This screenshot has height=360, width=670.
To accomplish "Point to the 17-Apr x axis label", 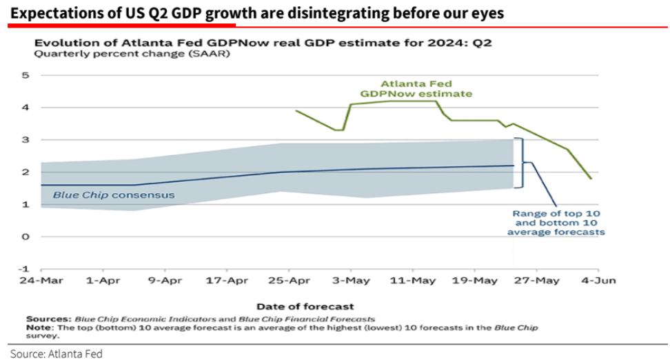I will [227, 281].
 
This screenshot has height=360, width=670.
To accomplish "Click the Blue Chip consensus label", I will [114, 195].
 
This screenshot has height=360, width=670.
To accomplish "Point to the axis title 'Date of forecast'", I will [305, 306].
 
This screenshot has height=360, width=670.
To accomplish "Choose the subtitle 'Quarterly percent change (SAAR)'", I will [132, 54].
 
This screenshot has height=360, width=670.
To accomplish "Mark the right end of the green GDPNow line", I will [591, 179].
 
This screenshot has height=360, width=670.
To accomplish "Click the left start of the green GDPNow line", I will [296, 110].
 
